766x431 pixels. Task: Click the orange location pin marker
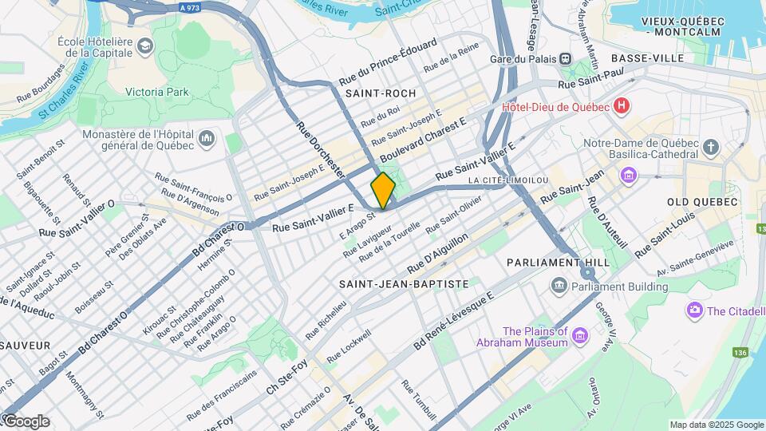[383, 190]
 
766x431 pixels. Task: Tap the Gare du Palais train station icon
[565, 57]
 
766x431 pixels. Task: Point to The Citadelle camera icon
[694, 310]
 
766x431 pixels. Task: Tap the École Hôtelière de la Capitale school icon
[144, 46]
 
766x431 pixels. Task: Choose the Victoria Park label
[157, 92]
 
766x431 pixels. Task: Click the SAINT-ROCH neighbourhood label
[381, 93]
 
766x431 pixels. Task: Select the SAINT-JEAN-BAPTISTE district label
[403, 283]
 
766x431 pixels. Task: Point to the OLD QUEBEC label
[702, 202]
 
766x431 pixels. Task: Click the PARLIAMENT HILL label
[558, 262]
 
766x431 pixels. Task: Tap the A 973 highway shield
[189, 7]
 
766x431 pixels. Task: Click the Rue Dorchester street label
[320, 149]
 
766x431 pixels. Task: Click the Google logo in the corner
[26, 421]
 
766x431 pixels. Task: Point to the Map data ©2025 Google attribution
[716, 425]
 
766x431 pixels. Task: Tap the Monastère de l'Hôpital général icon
[207, 140]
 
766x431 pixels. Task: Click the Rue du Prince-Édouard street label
[388, 61]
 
